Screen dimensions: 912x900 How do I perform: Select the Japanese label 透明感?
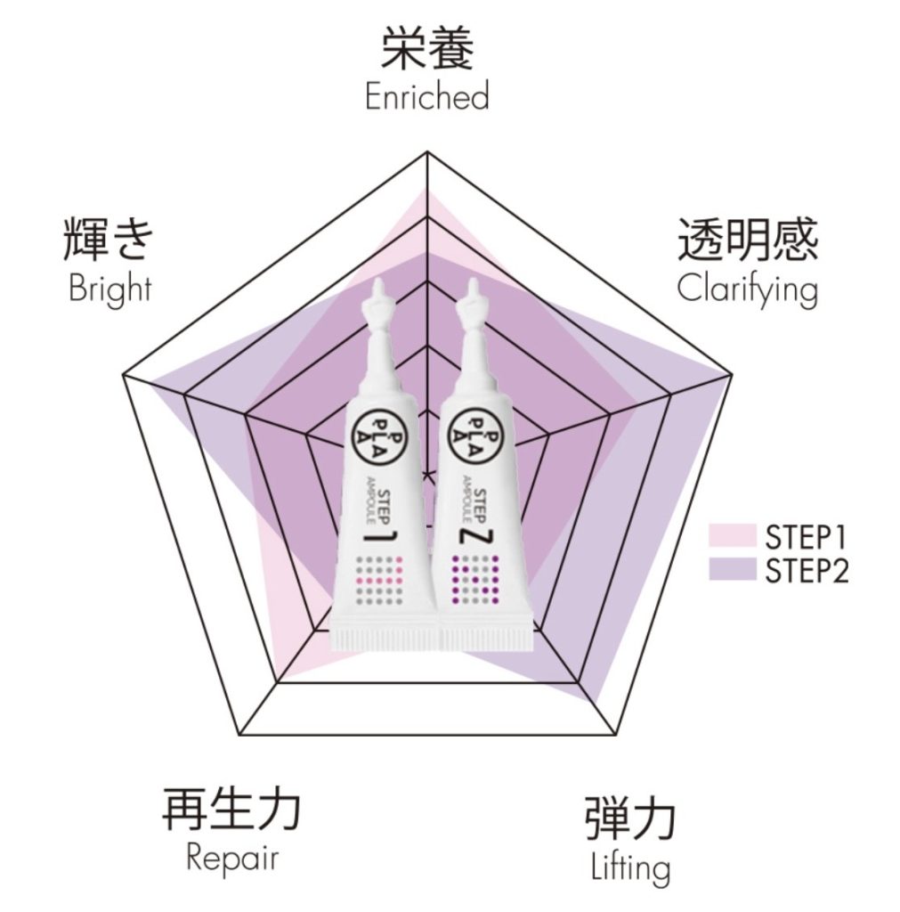(x=747, y=238)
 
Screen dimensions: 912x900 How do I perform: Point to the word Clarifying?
(x=746, y=289)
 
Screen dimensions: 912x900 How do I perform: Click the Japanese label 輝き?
(x=109, y=239)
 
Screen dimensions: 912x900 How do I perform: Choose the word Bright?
(x=109, y=289)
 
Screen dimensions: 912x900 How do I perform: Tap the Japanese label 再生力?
(x=231, y=808)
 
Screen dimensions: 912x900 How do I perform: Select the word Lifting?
(x=629, y=867)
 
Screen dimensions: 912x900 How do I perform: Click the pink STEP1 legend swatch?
(x=732, y=536)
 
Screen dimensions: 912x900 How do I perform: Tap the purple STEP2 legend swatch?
(x=732, y=568)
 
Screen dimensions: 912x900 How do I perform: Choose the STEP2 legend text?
(x=806, y=569)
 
